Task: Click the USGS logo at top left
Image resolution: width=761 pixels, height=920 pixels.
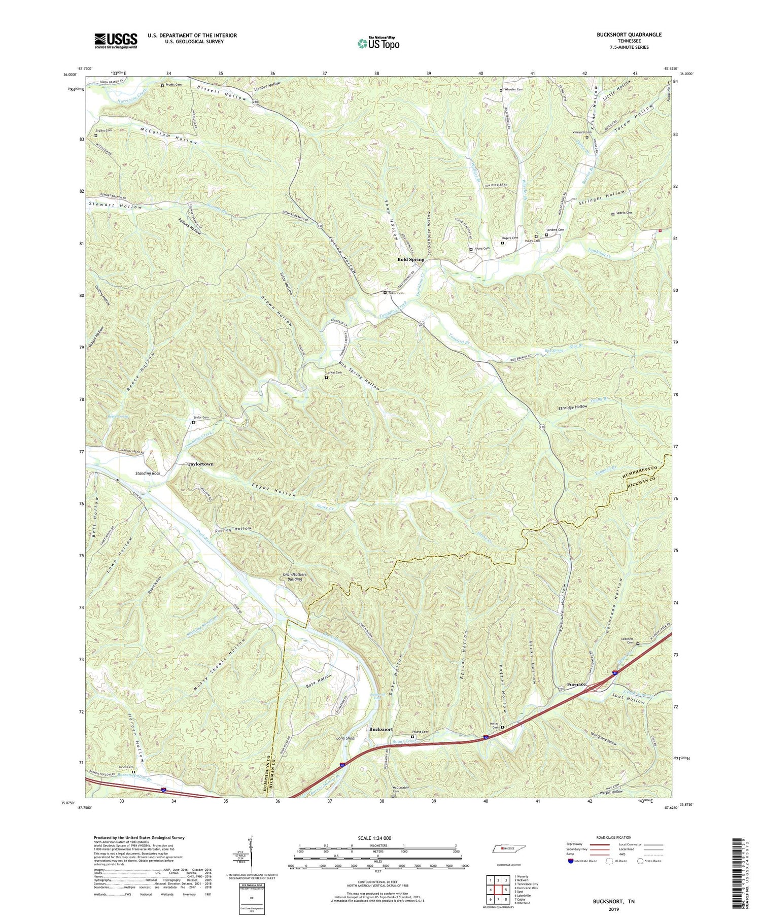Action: (116, 41)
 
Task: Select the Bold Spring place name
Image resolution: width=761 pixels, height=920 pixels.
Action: (410, 259)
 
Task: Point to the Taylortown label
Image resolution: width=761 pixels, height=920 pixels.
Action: (200, 464)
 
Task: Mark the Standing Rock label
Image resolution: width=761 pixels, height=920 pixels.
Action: (148, 473)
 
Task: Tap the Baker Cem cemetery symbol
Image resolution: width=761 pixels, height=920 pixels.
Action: (385, 293)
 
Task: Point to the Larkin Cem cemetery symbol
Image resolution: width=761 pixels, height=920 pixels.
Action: (326, 378)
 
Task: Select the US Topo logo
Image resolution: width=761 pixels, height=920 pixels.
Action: (378, 43)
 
